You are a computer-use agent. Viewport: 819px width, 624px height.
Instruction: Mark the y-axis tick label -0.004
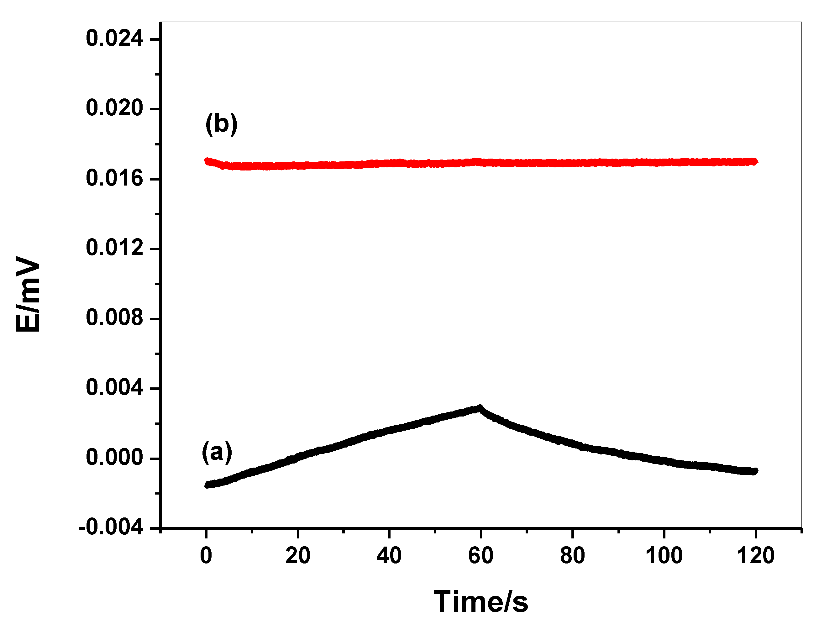(x=110, y=527)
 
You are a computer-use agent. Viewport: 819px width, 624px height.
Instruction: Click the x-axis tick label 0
(x=206, y=556)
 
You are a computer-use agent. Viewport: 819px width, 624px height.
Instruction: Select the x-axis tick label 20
(x=297, y=556)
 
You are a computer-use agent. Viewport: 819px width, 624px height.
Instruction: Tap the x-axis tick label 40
(x=389, y=556)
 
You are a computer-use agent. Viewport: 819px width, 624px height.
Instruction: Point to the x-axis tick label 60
(x=480, y=556)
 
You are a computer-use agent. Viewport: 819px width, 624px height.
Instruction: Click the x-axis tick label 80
(x=572, y=556)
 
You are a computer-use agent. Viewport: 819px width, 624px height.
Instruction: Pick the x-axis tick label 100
(x=664, y=556)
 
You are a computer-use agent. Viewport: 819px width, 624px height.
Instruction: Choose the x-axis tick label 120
(x=755, y=556)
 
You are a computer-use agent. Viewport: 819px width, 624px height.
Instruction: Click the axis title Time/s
(x=480, y=602)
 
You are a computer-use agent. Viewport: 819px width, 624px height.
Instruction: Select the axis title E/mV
(x=28, y=293)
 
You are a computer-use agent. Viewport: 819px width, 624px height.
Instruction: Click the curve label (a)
(x=217, y=452)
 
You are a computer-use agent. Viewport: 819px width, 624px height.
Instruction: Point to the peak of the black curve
(x=480, y=408)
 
